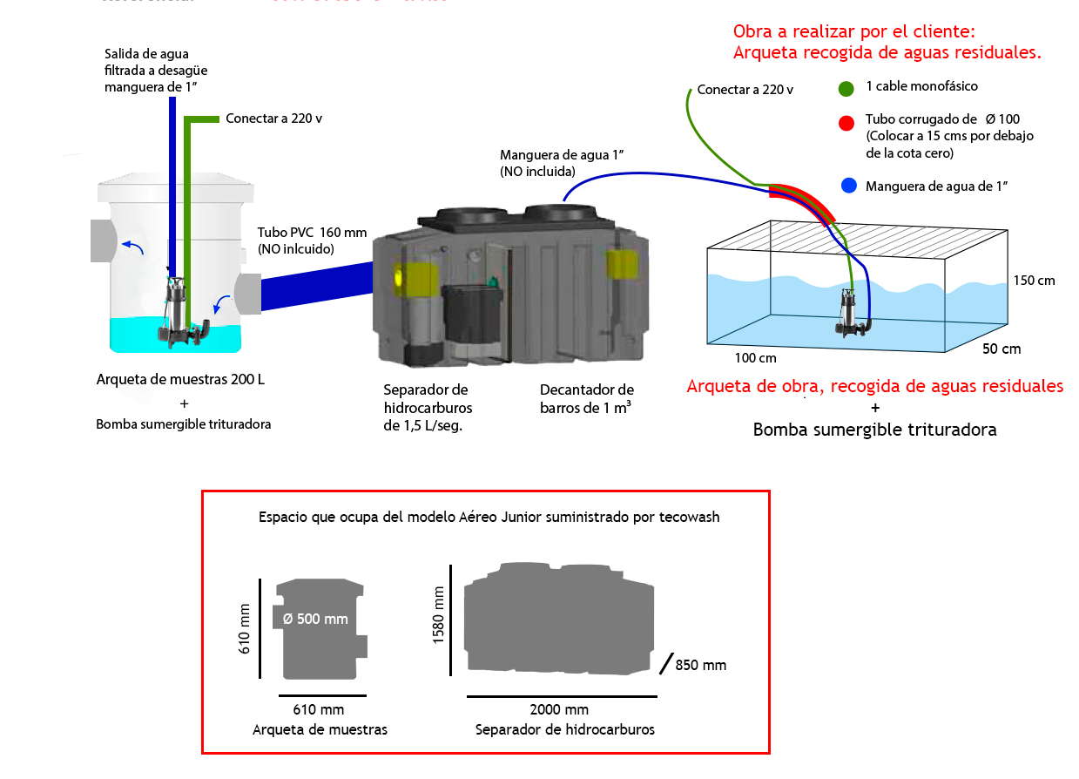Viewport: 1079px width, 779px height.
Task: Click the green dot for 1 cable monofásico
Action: pos(846,88)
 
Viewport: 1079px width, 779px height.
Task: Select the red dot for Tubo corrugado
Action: pos(846,123)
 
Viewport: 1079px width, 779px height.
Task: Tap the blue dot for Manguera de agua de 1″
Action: pos(849,186)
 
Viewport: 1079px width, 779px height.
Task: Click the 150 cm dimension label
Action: pos(1034,281)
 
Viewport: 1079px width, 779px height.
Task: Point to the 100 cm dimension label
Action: pos(755,357)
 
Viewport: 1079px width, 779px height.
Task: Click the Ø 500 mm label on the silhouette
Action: pos(315,619)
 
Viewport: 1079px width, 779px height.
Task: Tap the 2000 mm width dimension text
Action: pos(559,710)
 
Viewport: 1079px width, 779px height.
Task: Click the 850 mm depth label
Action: pos(700,666)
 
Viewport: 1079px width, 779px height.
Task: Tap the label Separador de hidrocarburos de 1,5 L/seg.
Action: pos(427,408)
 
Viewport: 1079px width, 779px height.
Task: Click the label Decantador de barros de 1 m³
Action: pos(587,398)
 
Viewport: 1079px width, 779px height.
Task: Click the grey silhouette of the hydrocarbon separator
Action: pos(559,618)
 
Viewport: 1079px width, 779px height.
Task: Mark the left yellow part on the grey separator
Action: pos(415,277)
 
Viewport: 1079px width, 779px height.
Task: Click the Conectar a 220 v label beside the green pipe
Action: pos(273,119)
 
